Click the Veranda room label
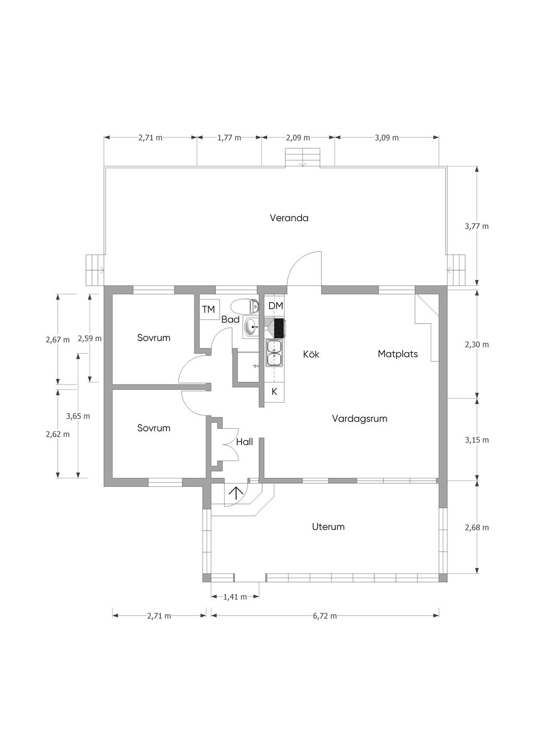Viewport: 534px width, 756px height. tap(289, 218)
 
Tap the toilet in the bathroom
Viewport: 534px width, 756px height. tap(245, 306)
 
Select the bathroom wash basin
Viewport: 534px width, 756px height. tap(251, 327)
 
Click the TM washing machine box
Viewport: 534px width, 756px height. tap(209, 309)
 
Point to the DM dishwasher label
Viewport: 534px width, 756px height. tap(275, 306)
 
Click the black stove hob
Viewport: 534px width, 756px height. tap(280, 328)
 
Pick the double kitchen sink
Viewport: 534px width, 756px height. tap(274, 353)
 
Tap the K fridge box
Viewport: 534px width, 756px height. tap(274, 391)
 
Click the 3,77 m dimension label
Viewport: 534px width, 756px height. tap(477, 226)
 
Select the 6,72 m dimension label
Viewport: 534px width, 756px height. tap(325, 616)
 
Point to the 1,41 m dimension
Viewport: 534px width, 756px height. tap(235, 597)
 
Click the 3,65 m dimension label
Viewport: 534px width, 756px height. tap(78, 416)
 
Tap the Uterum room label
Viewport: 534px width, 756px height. tap(328, 527)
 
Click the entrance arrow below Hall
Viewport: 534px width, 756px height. tap(236, 493)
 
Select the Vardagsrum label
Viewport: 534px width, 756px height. tap(360, 419)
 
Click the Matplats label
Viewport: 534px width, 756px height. tap(398, 354)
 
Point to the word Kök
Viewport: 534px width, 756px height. tap(311, 354)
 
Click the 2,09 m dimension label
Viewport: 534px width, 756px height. tap(298, 138)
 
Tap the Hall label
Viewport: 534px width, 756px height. tap(245, 442)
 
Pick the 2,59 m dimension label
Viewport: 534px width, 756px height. tap(90, 339)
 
